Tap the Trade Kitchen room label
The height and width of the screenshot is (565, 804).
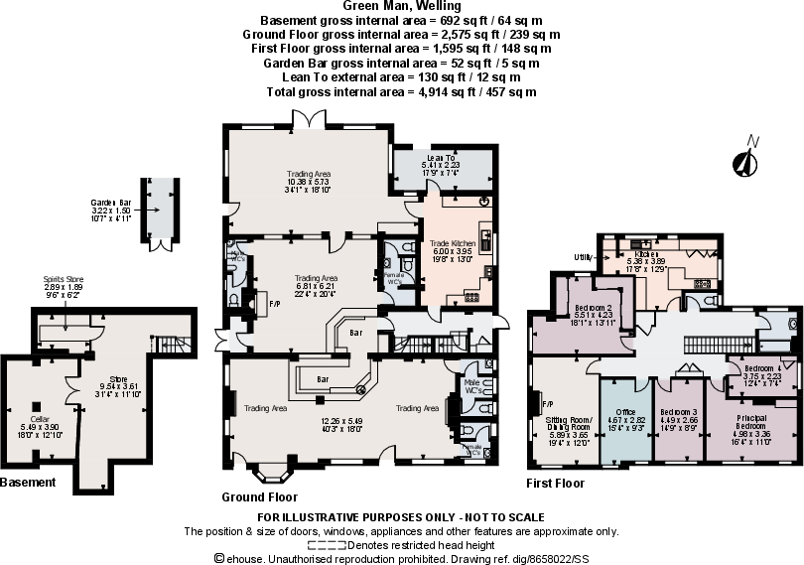(x=452, y=243)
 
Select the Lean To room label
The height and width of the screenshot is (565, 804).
(x=441, y=158)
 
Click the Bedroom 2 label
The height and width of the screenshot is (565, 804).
(x=594, y=308)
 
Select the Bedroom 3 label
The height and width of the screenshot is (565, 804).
(x=679, y=411)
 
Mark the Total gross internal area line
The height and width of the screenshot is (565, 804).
(x=401, y=91)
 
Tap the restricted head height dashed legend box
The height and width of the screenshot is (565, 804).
(x=327, y=545)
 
